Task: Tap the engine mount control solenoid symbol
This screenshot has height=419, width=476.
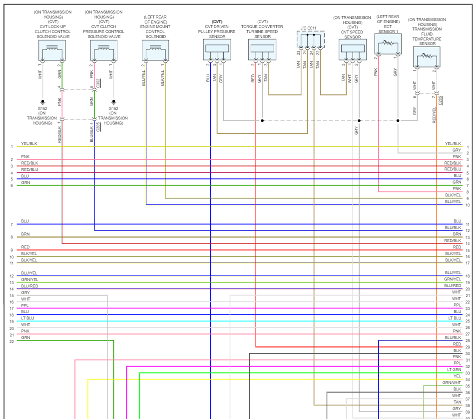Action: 155,50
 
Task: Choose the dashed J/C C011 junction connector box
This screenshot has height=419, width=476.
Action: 310,40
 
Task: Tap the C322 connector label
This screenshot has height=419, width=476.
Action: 98,82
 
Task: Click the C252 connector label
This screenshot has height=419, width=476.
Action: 440,99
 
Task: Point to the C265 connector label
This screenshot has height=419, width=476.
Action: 98,126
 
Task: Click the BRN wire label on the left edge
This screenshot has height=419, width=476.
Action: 25,234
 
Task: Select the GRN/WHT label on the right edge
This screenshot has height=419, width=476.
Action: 452,382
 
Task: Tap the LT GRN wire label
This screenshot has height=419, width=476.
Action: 454,369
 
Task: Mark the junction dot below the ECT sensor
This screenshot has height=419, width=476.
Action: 398,120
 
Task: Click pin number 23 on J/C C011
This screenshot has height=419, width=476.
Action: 298,52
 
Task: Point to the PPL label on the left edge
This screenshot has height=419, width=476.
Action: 25,305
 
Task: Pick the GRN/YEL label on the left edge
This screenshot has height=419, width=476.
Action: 29,279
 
